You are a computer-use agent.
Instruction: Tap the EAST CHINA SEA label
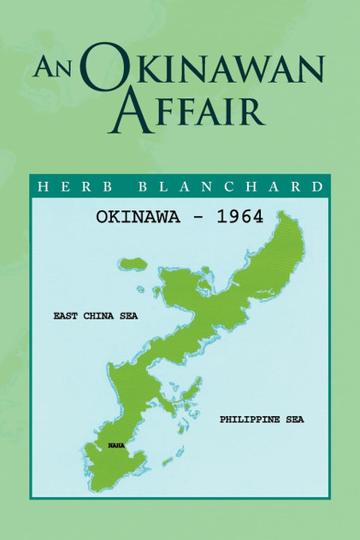[x=95, y=315]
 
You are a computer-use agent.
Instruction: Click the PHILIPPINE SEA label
[x=262, y=420]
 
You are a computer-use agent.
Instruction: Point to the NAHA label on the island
[x=116, y=445]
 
